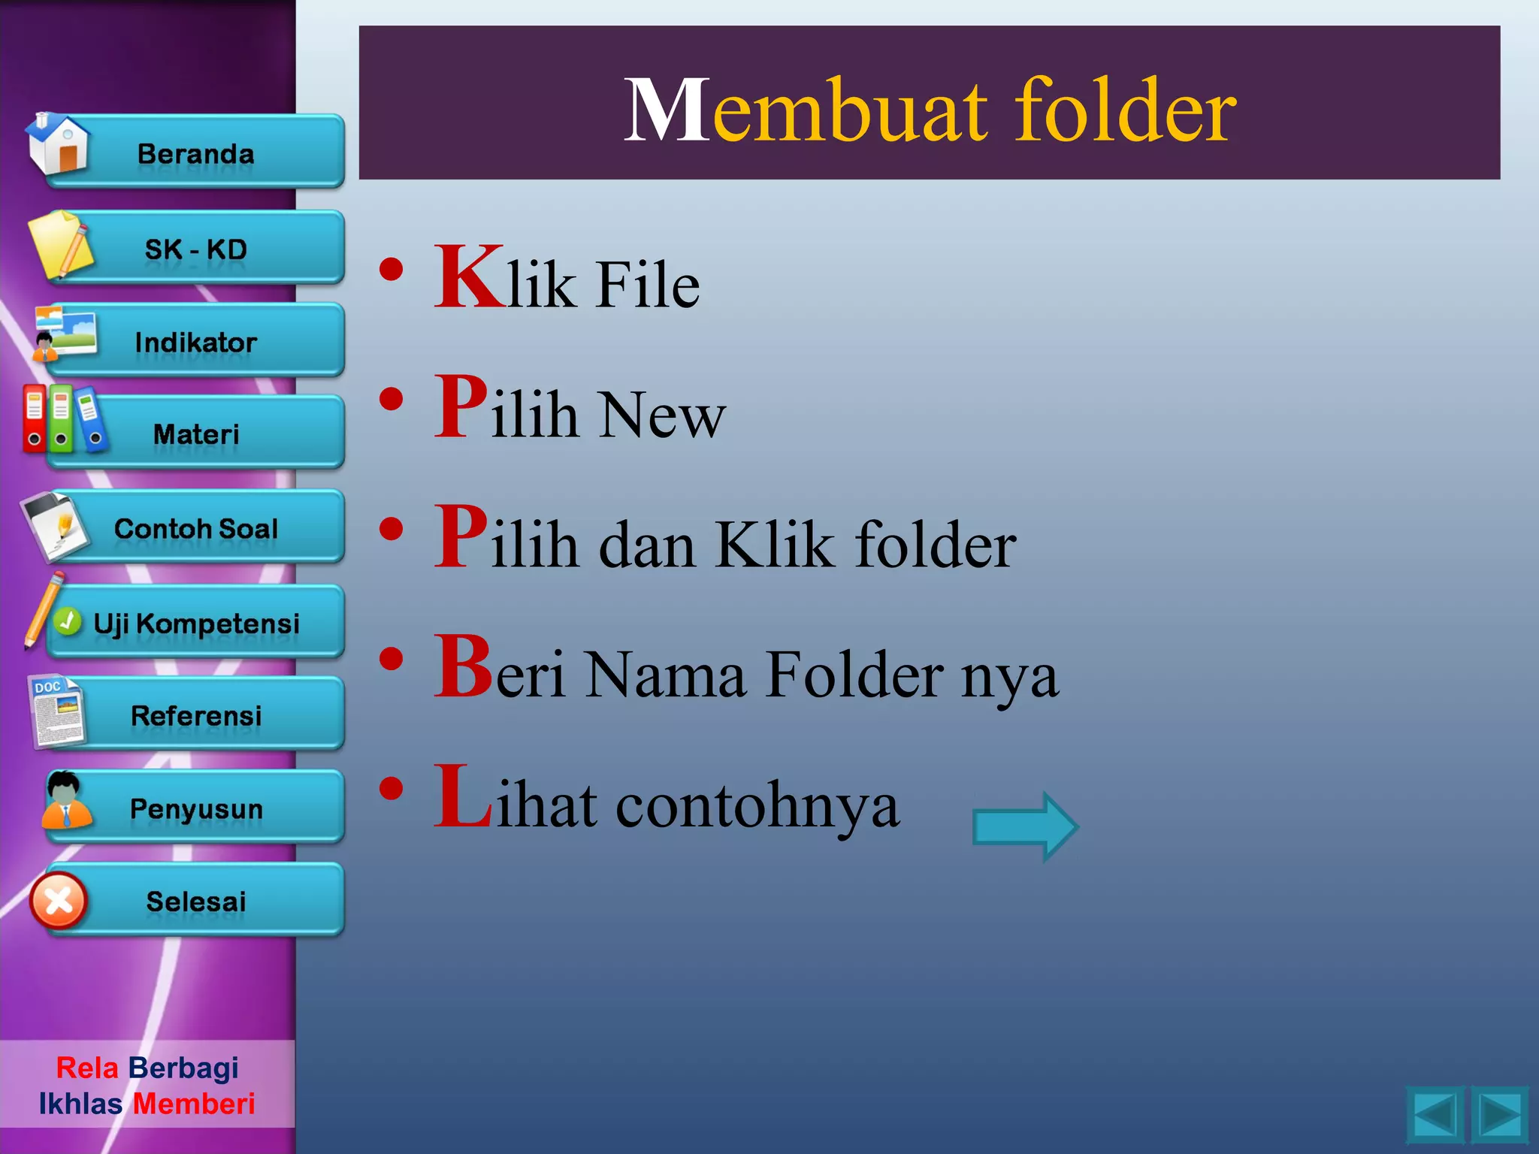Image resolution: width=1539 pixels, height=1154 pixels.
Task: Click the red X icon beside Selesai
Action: click(x=59, y=901)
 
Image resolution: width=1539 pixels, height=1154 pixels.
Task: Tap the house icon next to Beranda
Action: click(x=59, y=143)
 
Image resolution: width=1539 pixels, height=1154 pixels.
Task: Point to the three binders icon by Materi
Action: click(x=63, y=418)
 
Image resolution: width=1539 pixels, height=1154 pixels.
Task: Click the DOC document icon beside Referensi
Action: click(x=57, y=711)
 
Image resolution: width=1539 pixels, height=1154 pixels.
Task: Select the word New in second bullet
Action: click(x=661, y=415)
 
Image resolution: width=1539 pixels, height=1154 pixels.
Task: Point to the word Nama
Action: click(x=666, y=675)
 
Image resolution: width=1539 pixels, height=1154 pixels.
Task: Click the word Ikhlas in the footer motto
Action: click(x=80, y=1104)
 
